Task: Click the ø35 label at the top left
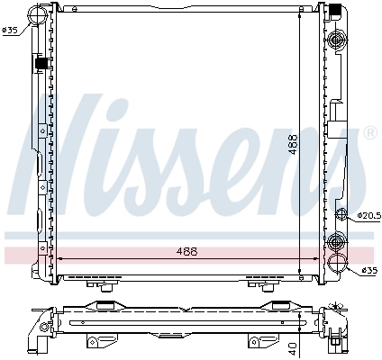click(11, 31)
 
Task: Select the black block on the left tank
click(41, 63)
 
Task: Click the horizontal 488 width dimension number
click(186, 251)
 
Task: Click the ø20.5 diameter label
click(368, 215)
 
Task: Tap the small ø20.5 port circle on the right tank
click(341, 213)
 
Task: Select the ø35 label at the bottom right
click(368, 269)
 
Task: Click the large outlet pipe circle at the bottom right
click(339, 264)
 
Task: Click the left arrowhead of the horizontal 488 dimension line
click(60, 258)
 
